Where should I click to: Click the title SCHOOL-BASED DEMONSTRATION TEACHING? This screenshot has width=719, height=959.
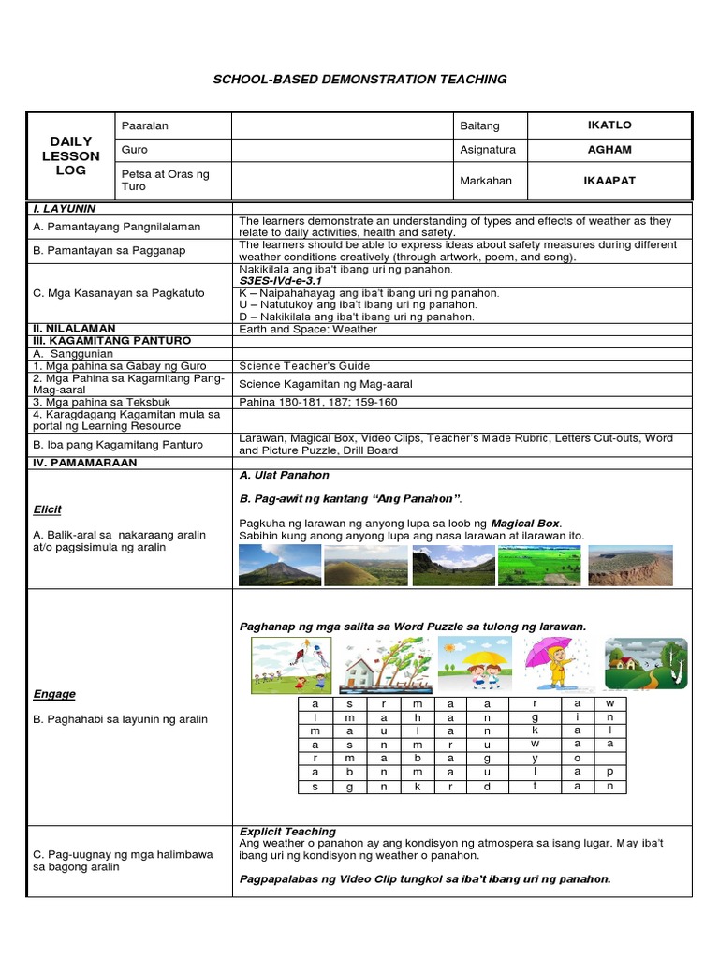tap(360, 80)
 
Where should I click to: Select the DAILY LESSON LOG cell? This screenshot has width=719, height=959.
tap(70, 155)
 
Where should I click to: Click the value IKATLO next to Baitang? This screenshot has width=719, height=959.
tap(609, 125)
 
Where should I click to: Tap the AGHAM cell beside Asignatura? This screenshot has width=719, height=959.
tap(609, 150)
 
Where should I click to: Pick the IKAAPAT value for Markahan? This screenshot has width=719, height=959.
tap(609, 181)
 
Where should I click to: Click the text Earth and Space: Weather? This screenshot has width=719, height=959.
tap(308, 329)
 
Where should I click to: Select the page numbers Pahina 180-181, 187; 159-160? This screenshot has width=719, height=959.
tap(318, 402)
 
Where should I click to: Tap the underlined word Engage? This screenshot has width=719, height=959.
tap(53, 694)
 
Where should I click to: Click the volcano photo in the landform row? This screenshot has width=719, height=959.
tap(279, 565)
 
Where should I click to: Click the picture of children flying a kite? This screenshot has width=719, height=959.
tap(291, 666)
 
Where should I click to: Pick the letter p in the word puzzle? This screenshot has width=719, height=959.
tap(609, 772)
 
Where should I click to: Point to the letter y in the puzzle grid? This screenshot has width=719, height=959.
tap(535, 759)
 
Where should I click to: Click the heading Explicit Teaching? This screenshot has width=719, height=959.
tap(287, 832)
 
